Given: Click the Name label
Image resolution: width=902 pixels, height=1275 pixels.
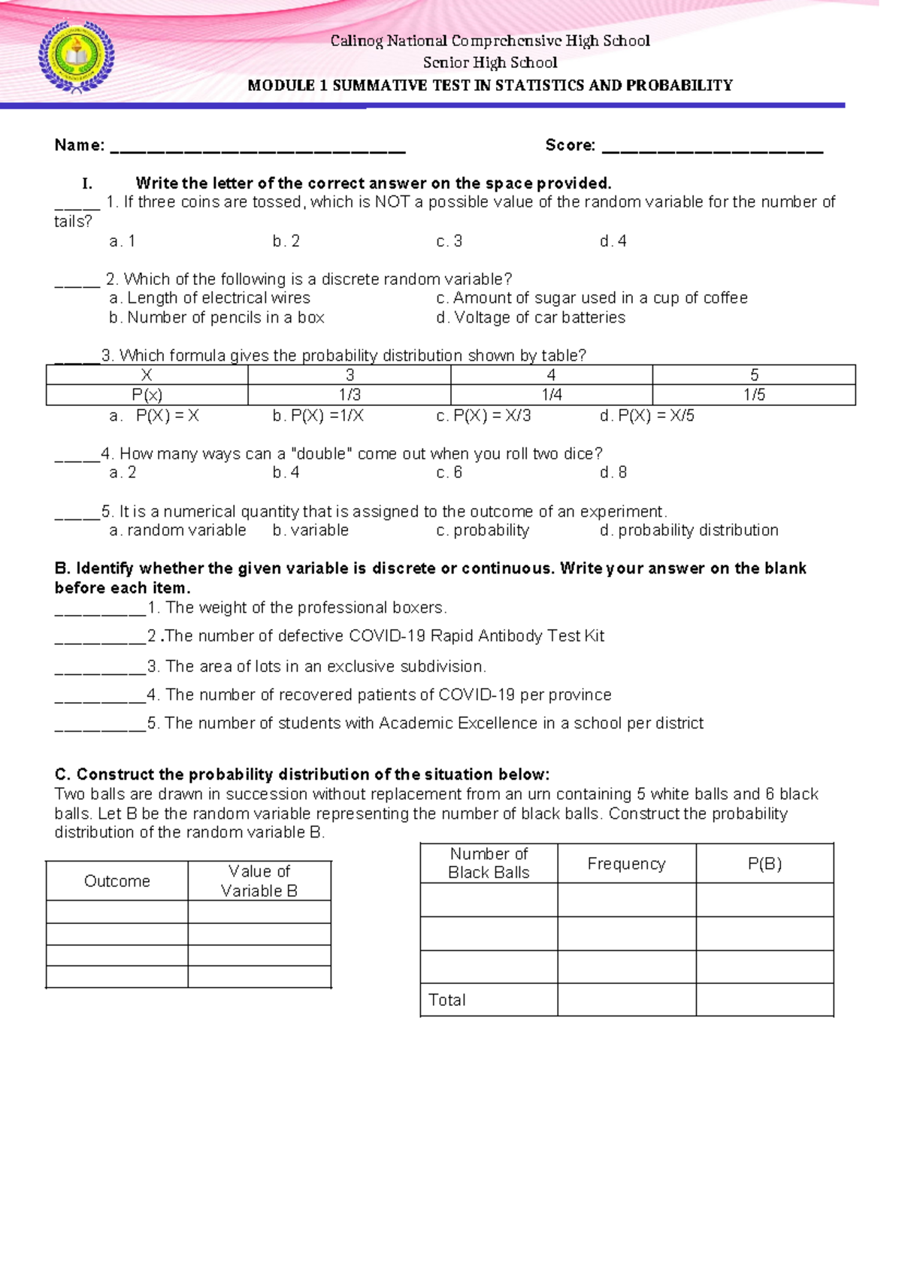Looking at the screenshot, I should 79,145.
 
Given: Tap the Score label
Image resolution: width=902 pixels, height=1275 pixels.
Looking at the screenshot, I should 570,145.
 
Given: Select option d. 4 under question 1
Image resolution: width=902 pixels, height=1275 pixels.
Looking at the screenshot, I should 613,241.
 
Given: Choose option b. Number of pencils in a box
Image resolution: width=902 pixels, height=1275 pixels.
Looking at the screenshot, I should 216,318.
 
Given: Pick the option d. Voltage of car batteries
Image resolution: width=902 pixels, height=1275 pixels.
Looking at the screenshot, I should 530,318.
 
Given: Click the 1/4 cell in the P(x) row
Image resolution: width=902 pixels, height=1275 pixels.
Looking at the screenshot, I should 551,395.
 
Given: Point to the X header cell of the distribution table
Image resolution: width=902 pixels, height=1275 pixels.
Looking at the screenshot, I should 147,375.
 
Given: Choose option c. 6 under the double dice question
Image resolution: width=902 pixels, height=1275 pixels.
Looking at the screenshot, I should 449,473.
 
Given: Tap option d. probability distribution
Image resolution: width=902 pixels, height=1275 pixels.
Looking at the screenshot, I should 689,531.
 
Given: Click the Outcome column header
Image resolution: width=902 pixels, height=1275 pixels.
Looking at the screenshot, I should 117,881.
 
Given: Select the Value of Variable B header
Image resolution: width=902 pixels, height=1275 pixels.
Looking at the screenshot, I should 259,881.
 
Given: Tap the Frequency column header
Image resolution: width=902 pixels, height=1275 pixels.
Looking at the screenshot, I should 626,864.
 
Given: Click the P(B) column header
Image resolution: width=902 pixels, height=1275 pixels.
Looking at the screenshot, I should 764,864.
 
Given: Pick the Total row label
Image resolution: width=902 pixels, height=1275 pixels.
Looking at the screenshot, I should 446,1000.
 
